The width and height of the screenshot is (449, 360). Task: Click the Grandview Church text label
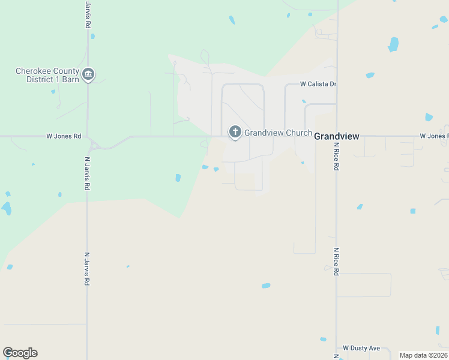pyautogui.click(x=277, y=133)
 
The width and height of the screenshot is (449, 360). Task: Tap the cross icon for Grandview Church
pyautogui.click(x=235, y=132)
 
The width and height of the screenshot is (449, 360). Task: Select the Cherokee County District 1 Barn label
pyautogui.click(x=47, y=74)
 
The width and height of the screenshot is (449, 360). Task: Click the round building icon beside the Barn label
pyautogui.click(x=88, y=74)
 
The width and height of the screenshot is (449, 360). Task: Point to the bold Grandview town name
pyautogui.click(x=337, y=136)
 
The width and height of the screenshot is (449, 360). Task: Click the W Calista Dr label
pyautogui.click(x=319, y=84)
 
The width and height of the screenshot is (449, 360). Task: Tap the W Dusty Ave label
pyautogui.click(x=361, y=348)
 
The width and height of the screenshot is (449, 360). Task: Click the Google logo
pyautogui.click(x=20, y=353)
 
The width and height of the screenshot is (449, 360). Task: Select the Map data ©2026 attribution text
pyautogui.click(x=423, y=355)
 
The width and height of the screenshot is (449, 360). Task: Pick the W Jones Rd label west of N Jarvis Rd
pyautogui.click(x=64, y=136)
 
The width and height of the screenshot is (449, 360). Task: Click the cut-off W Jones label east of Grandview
pyautogui.click(x=434, y=136)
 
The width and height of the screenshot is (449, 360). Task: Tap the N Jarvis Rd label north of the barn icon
pyautogui.click(x=88, y=14)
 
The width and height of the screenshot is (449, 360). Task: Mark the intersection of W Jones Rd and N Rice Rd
pyautogui.click(x=336, y=136)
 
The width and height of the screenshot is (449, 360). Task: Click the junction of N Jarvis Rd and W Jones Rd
pyautogui.click(x=88, y=137)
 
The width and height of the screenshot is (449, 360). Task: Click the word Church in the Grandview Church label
pyautogui.click(x=298, y=133)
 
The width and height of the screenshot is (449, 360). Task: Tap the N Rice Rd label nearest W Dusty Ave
pyautogui.click(x=336, y=261)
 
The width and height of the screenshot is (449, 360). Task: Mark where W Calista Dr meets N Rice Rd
pyautogui.click(x=336, y=84)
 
